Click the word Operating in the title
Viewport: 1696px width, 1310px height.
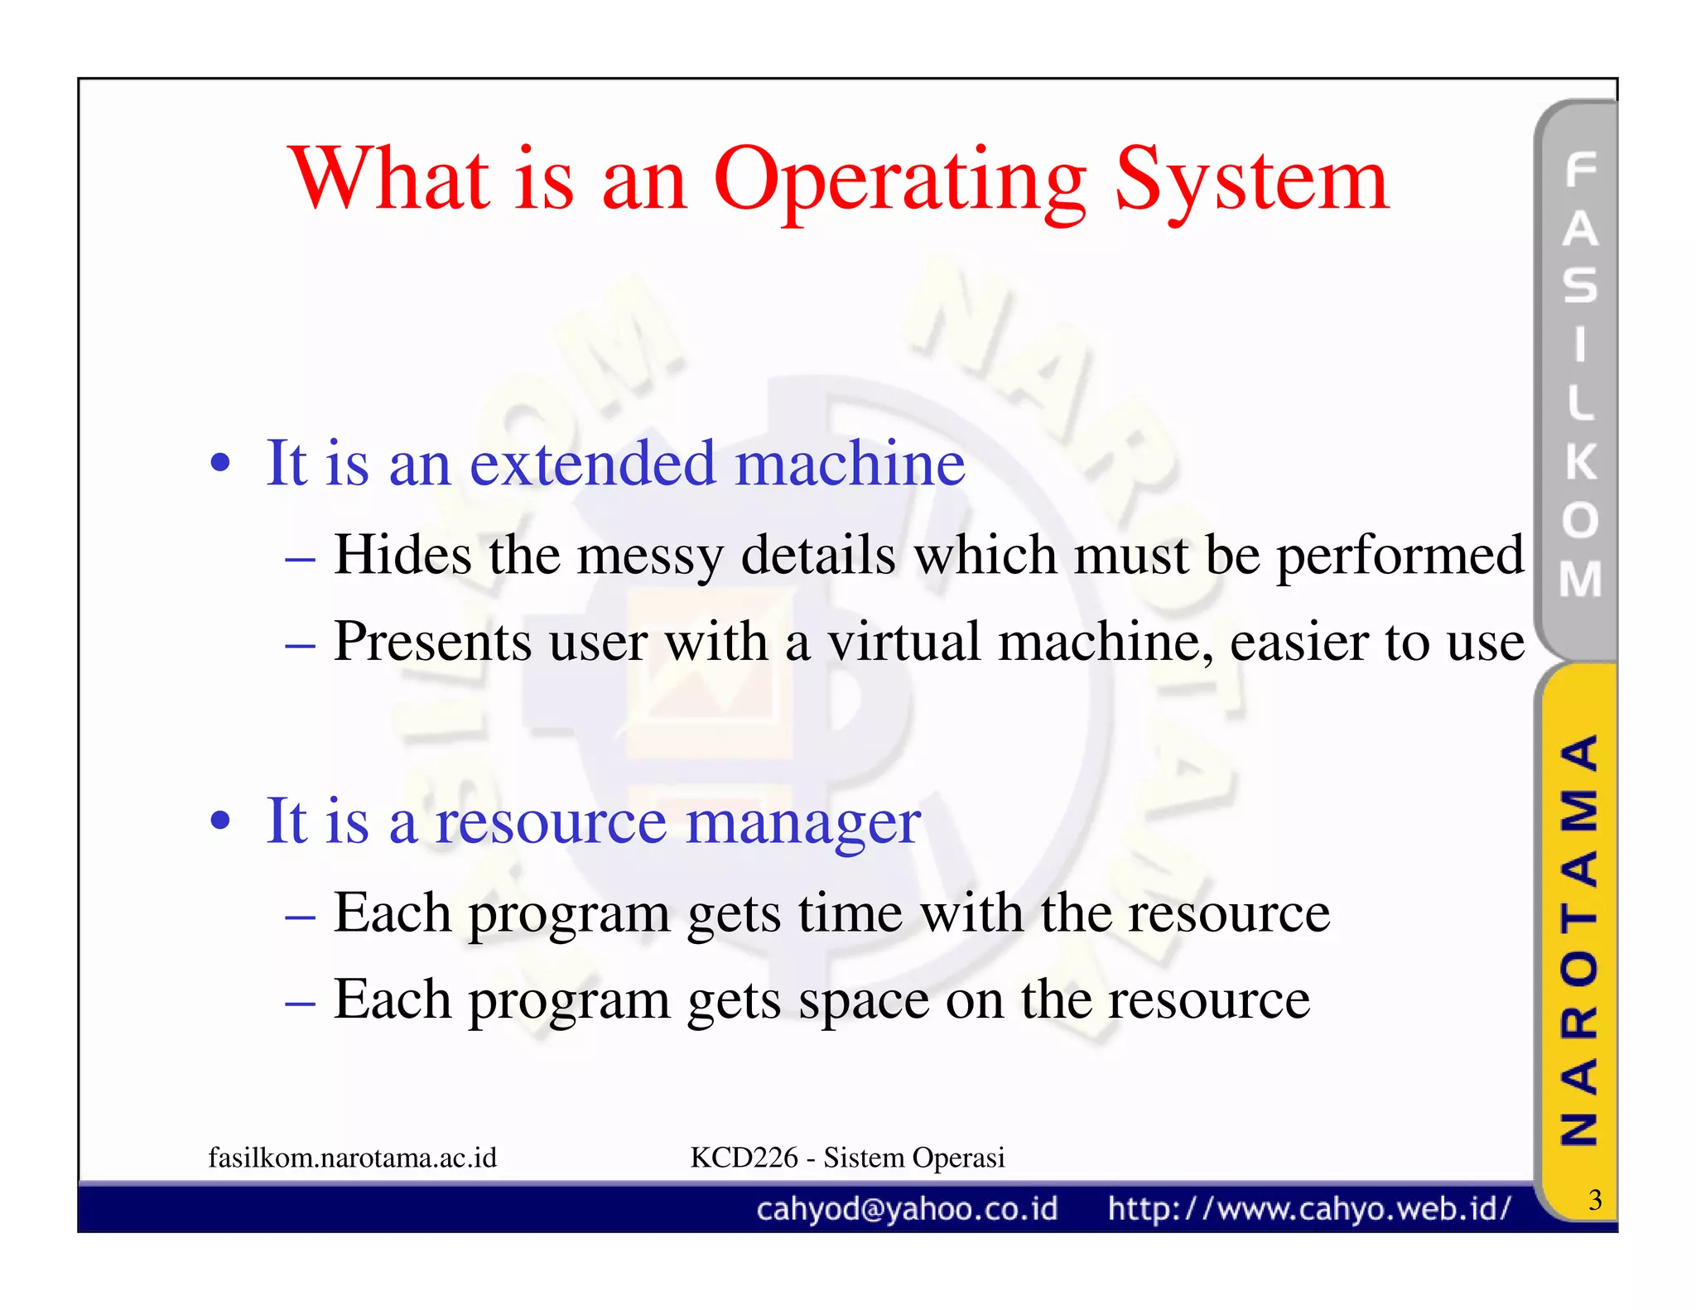click(899, 181)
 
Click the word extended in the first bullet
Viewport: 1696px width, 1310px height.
click(592, 464)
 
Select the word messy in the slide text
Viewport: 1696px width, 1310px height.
click(649, 556)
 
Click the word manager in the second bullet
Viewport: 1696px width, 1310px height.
click(803, 822)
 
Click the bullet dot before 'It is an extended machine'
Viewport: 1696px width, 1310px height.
click(220, 464)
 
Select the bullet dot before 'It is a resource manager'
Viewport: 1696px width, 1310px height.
click(220, 822)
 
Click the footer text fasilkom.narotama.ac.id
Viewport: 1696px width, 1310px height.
click(353, 1158)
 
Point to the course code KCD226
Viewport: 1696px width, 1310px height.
click(744, 1158)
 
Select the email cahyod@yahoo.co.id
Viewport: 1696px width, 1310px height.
click(907, 1210)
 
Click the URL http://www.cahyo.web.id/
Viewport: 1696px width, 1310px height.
click(1309, 1210)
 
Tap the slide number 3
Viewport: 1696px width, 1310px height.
click(1595, 1200)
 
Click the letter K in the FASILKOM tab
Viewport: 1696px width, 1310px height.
click(1581, 461)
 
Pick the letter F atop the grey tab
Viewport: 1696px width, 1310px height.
click(1581, 170)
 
